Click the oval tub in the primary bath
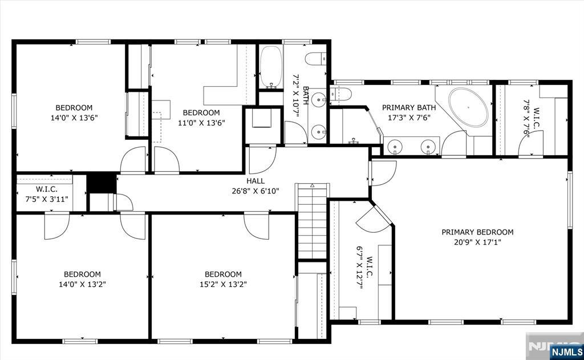coord(468,107)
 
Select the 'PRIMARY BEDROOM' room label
coord(477,232)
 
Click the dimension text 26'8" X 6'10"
coord(255,191)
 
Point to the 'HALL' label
coord(255,181)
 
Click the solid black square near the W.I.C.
coord(97,183)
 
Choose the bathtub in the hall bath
coord(271,67)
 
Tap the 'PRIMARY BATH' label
coord(409,107)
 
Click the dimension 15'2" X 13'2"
coord(223,284)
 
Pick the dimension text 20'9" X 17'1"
coord(477,242)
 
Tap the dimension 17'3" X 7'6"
coord(409,118)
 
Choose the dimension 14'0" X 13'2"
coord(82,284)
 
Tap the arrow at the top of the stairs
coord(312,186)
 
